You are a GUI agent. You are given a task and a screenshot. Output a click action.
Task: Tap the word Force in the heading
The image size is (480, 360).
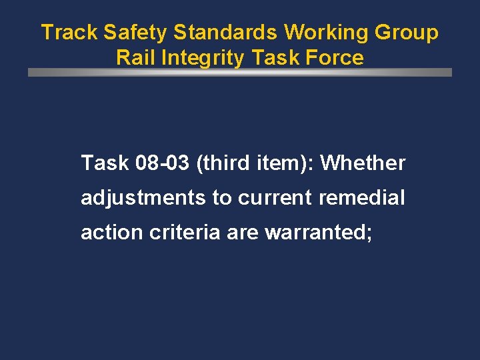[x=337, y=58]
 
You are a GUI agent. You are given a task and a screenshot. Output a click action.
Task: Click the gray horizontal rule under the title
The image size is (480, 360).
[x=240, y=72]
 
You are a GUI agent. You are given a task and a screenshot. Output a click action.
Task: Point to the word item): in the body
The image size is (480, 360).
[x=284, y=163]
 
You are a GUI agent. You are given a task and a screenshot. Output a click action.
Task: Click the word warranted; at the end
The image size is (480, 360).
[x=319, y=233]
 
